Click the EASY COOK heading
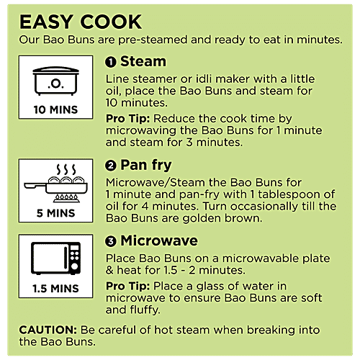pos(81,22)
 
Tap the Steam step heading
pos(143,61)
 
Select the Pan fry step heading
pos(146,166)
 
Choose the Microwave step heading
pos(159,240)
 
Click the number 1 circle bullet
pos(111,62)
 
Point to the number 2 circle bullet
pos(111,166)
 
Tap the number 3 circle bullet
pos(111,241)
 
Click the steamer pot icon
pos(55,81)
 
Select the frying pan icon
pos(55,184)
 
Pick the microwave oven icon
pos(55,258)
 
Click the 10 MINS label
pos(55,110)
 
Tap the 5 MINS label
pos(55,213)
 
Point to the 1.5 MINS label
pos(55,289)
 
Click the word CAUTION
pos(48,330)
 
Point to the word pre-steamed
pos(153,40)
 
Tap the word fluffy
pos(145,310)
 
